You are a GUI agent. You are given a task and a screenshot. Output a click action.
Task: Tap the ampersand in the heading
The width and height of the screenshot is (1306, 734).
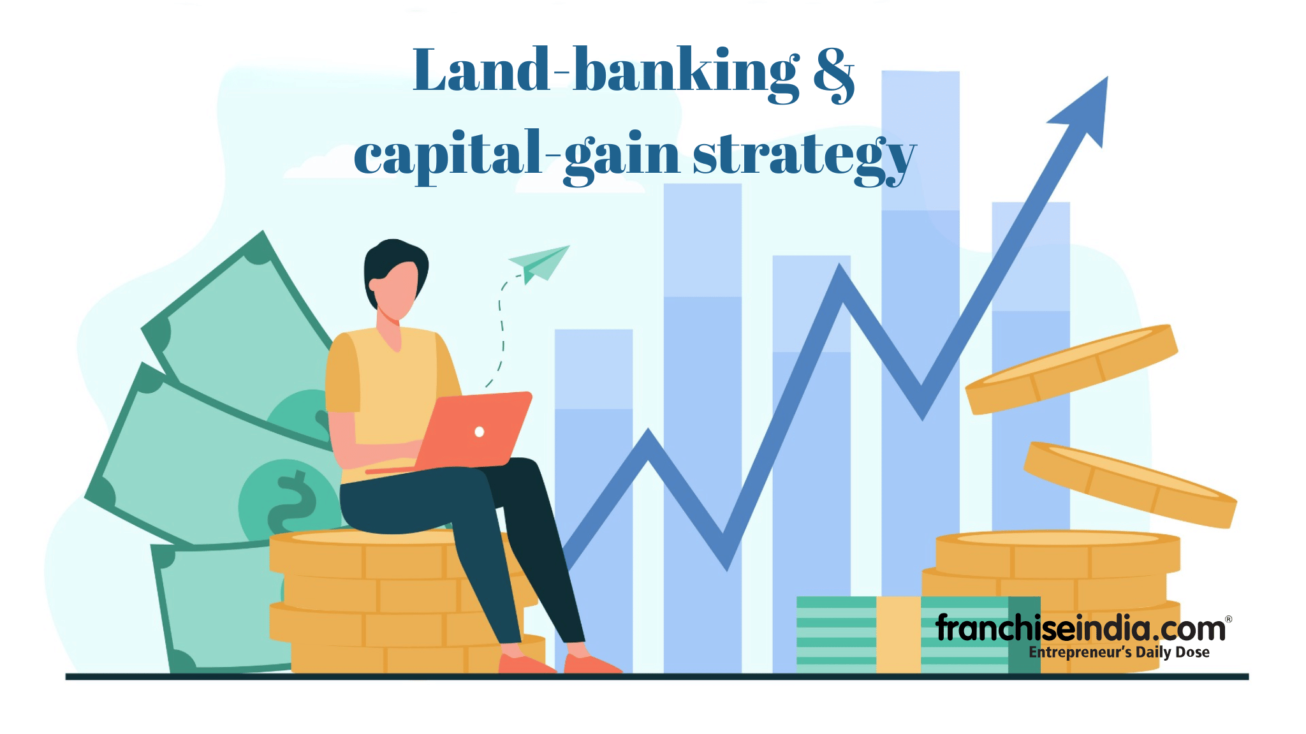[x=833, y=74]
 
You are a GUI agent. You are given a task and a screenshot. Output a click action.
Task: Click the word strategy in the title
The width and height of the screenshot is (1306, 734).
[x=805, y=158]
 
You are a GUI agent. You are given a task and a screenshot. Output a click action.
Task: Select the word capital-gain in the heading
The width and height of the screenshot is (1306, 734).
[x=517, y=156]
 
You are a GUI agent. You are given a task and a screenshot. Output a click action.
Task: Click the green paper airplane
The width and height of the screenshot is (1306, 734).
[x=539, y=263]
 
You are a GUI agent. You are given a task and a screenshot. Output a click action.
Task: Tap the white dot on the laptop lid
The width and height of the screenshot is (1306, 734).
[x=480, y=432]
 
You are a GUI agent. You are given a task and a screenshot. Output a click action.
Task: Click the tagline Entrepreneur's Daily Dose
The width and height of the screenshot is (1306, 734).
[x=1119, y=652]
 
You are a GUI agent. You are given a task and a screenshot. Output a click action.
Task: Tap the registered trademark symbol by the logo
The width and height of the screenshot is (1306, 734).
[x=1229, y=619]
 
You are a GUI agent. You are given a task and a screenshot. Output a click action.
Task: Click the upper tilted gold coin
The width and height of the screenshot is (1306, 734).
[x=1071, y=369]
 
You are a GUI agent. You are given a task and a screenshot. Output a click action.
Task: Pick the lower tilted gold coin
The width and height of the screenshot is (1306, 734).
[x=1130, y=485]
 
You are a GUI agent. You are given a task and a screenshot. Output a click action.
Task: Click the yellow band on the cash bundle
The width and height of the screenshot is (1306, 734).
[x=899, y=635]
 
